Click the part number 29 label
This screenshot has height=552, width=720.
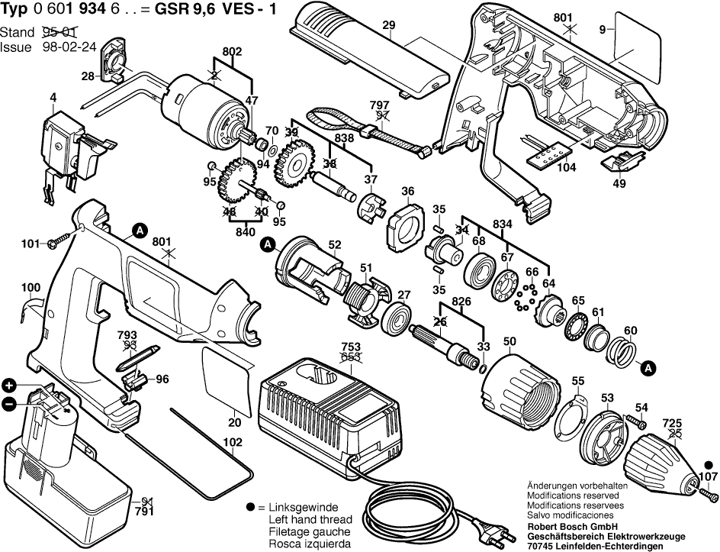click(x=389, y=26)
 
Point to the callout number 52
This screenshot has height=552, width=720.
click(x=334, y=244)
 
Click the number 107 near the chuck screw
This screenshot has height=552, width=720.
click(x=709, y=479)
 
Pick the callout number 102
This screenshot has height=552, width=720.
click(x=233, y=441)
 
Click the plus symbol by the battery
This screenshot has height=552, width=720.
click(x=9, y=385)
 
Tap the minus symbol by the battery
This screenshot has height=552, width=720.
click(x=9, y=404)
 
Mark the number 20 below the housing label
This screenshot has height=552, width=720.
click(x=234, y=422)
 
